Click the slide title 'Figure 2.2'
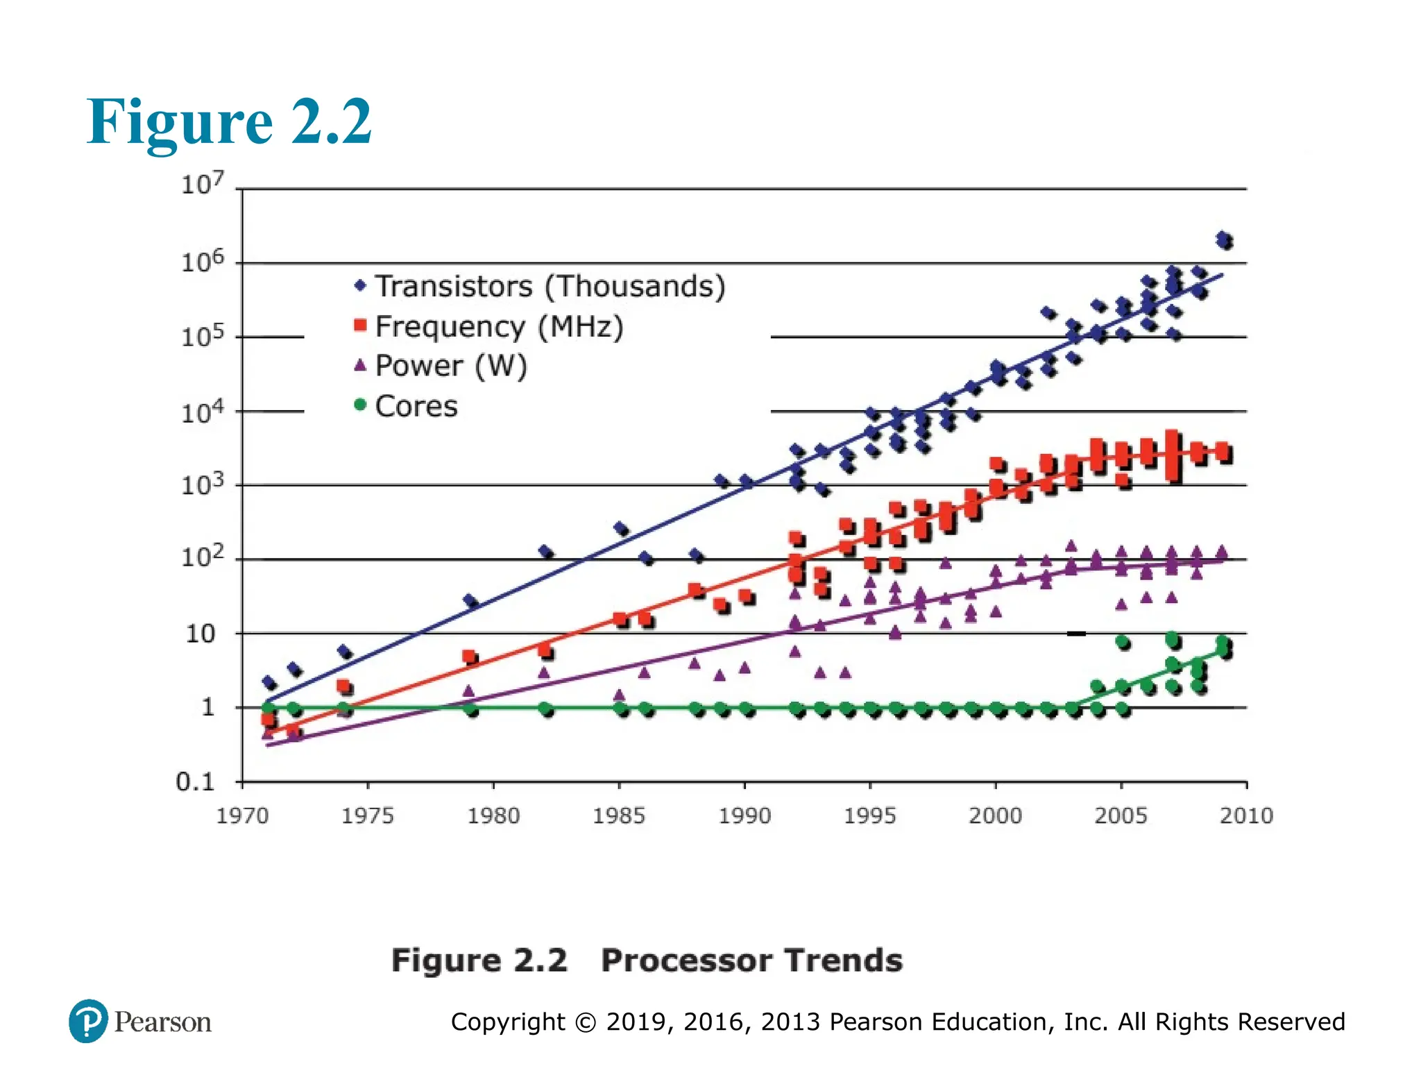pyautogui.click(x=229, y=122)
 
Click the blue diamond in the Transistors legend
pyautogui.click(x=359, y=285)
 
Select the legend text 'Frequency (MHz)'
pyautogui.click(x=499, y=326)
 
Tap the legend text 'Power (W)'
pyautogui.click(x=451, y=366)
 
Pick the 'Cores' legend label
pyautogui.click(x=416, y=406)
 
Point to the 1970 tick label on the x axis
pyautogui.click(x=242, y=815)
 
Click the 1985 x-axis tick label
pyautogui.click(x=619, y=815)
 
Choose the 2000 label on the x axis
pyautogui.click(x=996, y=815)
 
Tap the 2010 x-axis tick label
pyautogui.click(x=1246, y=815)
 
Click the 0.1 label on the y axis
pyautogui.click(x=196, y=782)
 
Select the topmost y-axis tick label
pyautogui.click(x=202, y=184)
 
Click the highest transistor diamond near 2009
pyautogui.click(x=1223, y=238)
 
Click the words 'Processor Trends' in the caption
pyautogui.click(x=751, y=961)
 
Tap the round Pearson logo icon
pyautogui.click(x=88, y=1021)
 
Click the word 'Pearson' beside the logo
pyautogui.click(x=163, y=1022)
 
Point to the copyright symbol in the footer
pyautogui.click(x=586, y=1022)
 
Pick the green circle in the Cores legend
pyautogui.click(x=359, y=404)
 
